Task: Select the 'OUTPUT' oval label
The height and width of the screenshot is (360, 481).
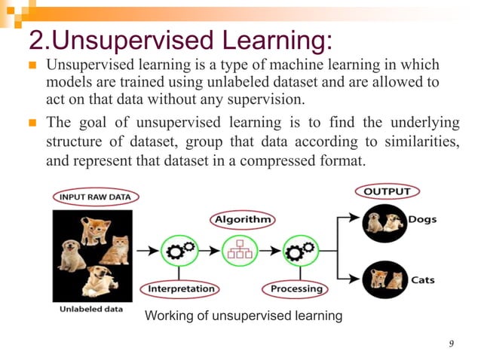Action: [387, 191]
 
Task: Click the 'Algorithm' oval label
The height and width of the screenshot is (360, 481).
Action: [242, 219]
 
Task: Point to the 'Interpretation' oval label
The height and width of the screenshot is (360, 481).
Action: [181, 288]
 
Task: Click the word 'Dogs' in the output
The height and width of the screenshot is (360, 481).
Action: [422, 220]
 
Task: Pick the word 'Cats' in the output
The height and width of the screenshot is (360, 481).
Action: [422, 280]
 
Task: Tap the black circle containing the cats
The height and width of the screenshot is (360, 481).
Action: [383, 280]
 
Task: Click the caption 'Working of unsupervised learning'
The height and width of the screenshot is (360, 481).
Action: [243, 316]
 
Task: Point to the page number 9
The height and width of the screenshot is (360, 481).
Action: [451, 344]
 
